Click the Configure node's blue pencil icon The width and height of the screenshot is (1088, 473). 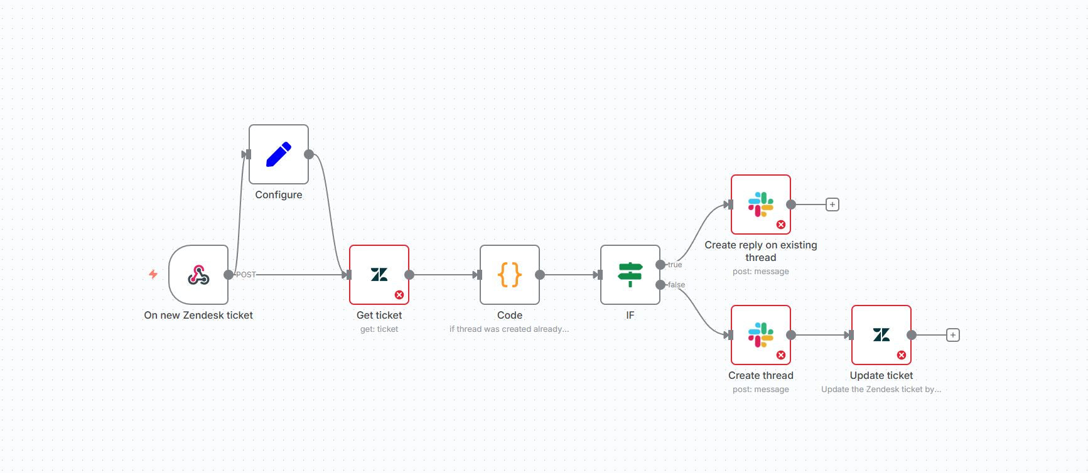tap(279, 154)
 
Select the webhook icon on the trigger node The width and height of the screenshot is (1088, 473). tap(198, 275)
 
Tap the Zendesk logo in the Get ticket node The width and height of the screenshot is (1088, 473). tap(379, 275)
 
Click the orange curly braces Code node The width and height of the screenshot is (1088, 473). tap(510, 275)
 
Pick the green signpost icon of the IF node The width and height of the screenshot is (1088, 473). tap(630, 275)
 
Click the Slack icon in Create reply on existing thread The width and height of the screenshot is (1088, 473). tap(760, 205)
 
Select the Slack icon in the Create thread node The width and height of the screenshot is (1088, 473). tap(760, 335)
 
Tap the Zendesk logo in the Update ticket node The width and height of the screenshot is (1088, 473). tap(881, 335)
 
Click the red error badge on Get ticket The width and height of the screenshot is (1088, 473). tap(399, 295)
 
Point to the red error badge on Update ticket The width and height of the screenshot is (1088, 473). tap(902, 355)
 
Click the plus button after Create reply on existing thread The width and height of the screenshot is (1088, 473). tap(832, 205)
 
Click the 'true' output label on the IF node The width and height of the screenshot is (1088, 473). tap(675, 265)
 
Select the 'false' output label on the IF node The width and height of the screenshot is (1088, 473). tap(677, 285)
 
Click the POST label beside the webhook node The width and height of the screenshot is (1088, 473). tap(246, 275)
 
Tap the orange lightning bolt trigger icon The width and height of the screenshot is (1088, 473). tap(153, 274)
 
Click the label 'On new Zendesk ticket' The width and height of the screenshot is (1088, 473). tap(198, 315)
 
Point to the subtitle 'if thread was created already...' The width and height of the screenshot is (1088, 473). tap(509, 329)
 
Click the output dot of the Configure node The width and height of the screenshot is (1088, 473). tap(309, 154)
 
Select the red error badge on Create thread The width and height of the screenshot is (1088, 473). tap(781, 355)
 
